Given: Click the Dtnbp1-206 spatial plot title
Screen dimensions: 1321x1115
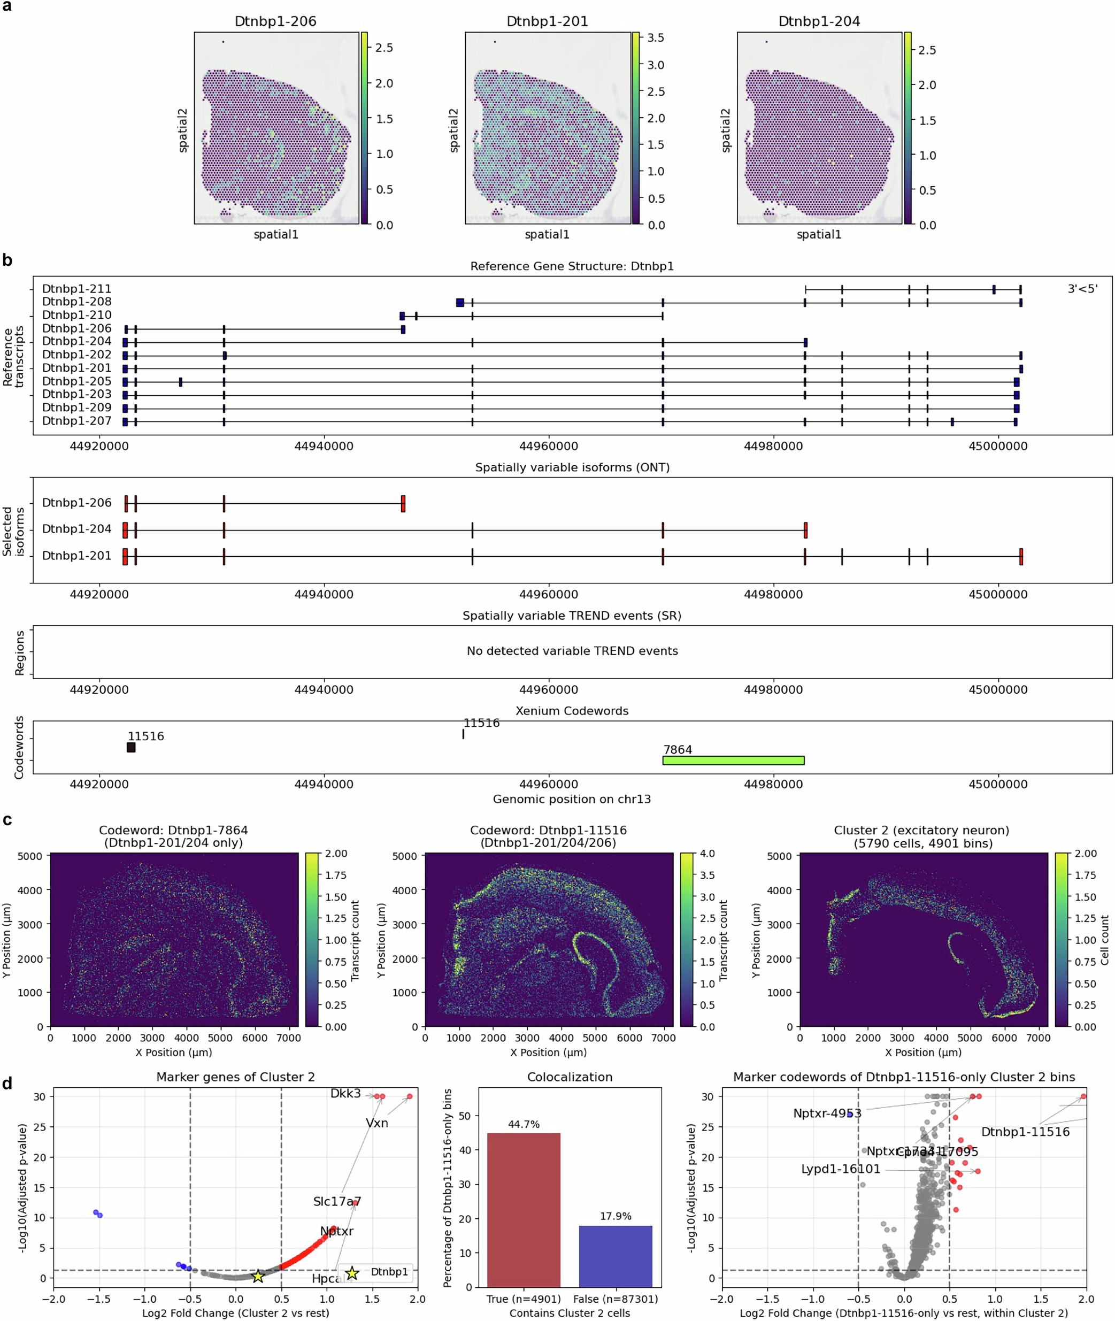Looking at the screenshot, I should click(275, 21).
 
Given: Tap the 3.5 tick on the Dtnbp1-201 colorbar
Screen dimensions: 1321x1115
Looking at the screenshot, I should click(656, 38).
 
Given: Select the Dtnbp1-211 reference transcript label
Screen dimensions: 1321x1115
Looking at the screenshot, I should click(76, 289).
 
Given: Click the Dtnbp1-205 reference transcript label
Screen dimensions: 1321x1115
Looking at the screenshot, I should click(76, 381).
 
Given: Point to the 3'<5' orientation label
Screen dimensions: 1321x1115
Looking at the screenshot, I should click(1082, 289).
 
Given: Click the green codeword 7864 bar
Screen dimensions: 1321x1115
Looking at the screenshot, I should click(733, 761).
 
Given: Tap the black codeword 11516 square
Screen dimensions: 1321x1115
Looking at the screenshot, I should click(131, 748).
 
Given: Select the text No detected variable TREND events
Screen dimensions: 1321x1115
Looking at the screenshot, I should click(572, 651).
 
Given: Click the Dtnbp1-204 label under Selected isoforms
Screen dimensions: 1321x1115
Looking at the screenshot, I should click(76, 529).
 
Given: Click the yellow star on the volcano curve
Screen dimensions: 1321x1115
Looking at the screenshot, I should click(258, 1276).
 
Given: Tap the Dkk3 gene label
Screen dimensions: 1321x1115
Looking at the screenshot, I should click(345, 1094).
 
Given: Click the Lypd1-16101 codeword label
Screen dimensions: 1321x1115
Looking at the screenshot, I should click(840, 1169).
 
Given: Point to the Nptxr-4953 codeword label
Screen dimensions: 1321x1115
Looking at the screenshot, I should click(827, 1113).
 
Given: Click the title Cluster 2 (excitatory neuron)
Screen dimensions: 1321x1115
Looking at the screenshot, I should click(921, 830).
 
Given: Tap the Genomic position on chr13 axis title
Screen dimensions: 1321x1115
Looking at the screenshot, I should click(572, 799).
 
